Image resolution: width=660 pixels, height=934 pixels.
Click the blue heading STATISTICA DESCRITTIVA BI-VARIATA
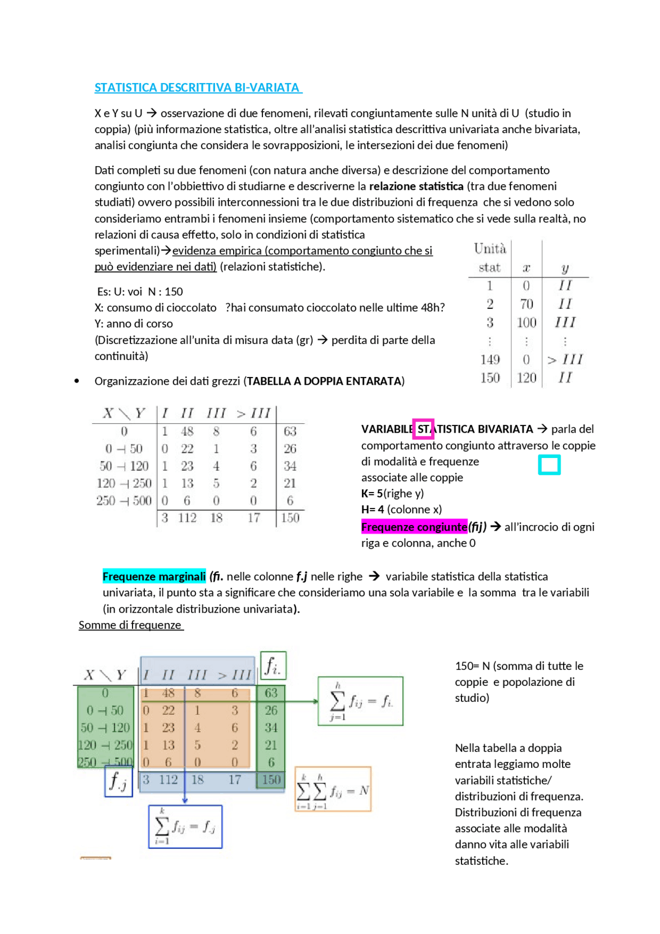(198, 88)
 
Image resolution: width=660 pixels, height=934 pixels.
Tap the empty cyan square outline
(549, 465)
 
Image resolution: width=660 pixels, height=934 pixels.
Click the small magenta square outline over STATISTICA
(423, 429)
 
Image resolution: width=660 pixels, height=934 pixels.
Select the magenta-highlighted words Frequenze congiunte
(414, 527)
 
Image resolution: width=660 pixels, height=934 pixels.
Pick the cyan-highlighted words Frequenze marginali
(154, 576)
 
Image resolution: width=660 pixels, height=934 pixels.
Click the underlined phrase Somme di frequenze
(130, 625)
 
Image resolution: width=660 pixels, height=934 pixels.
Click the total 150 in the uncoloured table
(290, 517)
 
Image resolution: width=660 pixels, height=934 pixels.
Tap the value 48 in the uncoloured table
(187, 431)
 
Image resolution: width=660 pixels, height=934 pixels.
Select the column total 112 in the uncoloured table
(187, 517)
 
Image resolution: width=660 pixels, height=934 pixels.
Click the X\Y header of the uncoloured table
(124, 413)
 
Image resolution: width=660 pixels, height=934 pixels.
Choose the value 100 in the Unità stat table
(526, 323)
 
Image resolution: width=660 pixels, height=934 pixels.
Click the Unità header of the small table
(490, 249)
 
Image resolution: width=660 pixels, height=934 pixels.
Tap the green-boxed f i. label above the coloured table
(273, 666)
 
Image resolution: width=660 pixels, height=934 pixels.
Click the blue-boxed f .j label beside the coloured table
(119, 781)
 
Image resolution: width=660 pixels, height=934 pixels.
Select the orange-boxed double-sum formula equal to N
(333, 789)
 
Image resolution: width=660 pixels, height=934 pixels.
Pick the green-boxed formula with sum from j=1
(360, 701)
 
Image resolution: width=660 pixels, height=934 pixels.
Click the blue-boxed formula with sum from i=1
(185, 827)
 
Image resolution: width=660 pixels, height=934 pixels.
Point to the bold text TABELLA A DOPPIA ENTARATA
(325, 381)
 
